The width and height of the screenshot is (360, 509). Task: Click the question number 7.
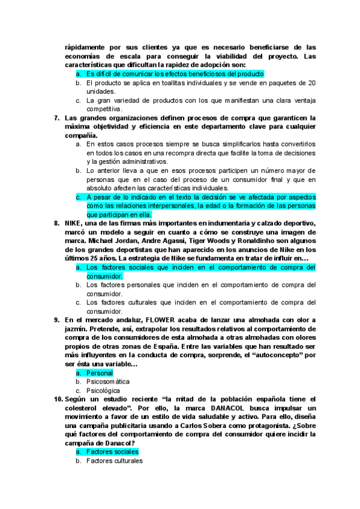pyautogui.click(x=56, y=118)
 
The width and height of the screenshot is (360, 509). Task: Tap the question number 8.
pyautogui.click(x=56, y=223)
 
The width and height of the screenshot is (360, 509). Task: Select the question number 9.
pyautogui.click(x=56, y=321)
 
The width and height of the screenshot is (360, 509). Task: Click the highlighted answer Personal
pyautogui.click(x=99, y=373)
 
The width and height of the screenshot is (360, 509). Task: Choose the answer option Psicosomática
pyautogui.click(x=108, y=381)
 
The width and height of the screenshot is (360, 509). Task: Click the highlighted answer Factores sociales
pyautogui.click(x=112, y=451)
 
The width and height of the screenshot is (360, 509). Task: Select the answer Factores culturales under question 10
pyautogui.click(x=115, y=460)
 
